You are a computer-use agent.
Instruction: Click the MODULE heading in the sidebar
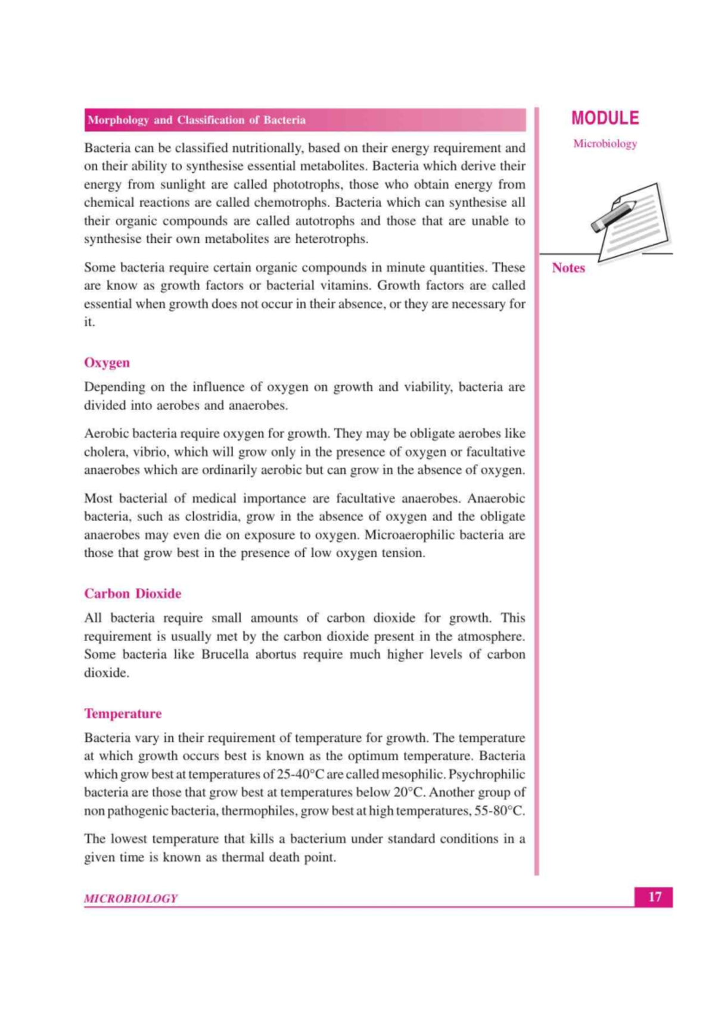tap(605, 118)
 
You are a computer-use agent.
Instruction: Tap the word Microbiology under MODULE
tap(605, 143)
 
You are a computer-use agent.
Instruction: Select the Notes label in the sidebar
tap(568, 268)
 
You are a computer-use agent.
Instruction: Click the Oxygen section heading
tap(107, 363)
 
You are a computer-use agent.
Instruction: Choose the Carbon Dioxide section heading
tap(132, 594)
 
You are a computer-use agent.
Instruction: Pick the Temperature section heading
tap(123, 713)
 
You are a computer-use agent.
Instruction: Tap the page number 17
tap(654, 897)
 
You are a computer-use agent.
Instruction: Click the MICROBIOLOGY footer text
tap(130, 898)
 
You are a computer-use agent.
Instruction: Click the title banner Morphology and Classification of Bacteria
tap(197, 120)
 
